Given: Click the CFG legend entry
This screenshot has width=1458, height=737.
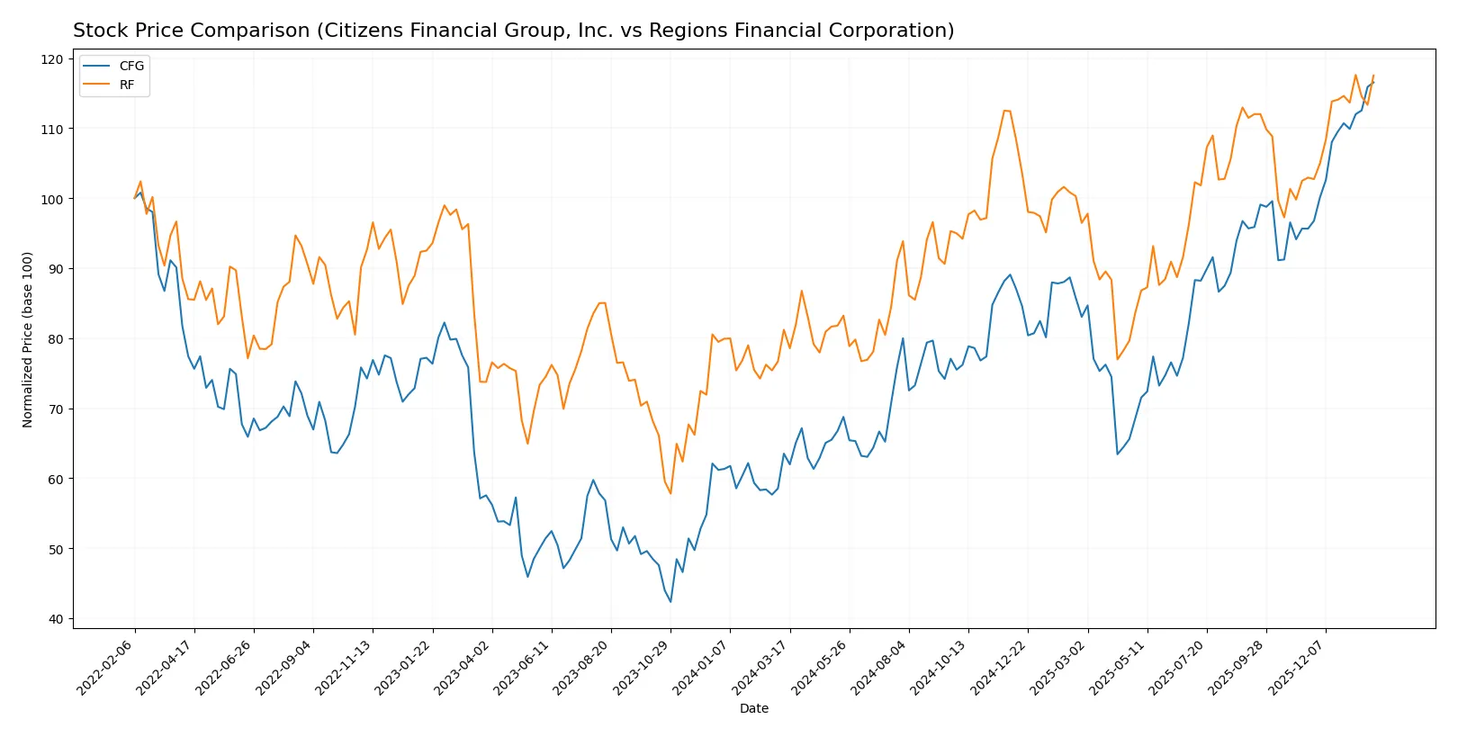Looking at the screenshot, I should (x=130, y=66).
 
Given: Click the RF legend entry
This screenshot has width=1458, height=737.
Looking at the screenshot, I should (x=126, y=85).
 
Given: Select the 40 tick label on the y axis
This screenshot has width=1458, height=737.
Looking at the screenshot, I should (x=56, y=619).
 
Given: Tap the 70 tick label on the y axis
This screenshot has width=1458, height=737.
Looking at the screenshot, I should (x=56, y=409).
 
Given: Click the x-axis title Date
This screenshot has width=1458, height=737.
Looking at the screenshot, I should (x=753, y=709).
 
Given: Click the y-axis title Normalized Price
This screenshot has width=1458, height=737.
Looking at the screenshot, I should (x=28, y=339).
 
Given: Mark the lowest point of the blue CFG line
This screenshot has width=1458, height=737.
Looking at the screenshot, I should (x=670, y=602).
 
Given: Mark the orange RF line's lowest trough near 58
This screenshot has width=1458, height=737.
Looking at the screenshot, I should (x=670, y=493).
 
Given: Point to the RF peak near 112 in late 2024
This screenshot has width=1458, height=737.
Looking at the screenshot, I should (x=1004, y=111).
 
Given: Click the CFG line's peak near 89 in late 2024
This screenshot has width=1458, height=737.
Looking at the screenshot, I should (x=1010, y=275).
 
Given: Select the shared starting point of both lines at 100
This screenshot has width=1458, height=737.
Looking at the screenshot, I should (x=135, y=198).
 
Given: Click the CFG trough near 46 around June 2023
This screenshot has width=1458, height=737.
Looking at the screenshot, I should (x=527, y=577).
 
